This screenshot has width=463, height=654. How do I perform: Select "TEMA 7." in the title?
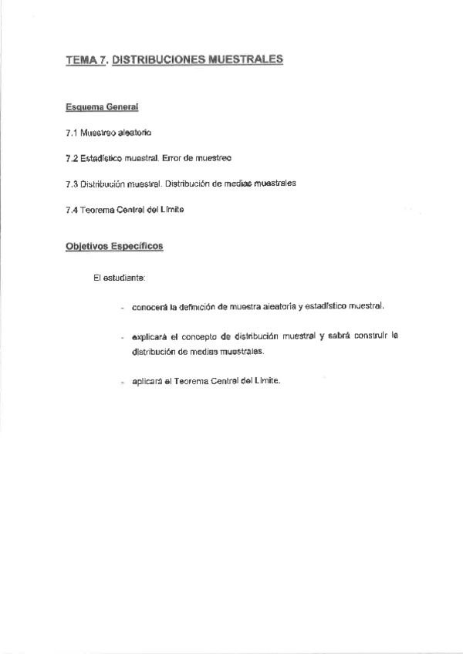tap(86, 59)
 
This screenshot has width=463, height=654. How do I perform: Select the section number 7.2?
tap(72, 157)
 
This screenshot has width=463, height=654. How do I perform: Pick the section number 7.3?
tap(72, 184)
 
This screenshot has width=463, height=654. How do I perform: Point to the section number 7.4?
tap(72, 210)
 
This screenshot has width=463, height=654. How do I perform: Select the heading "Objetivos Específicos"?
tap(113, 247)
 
